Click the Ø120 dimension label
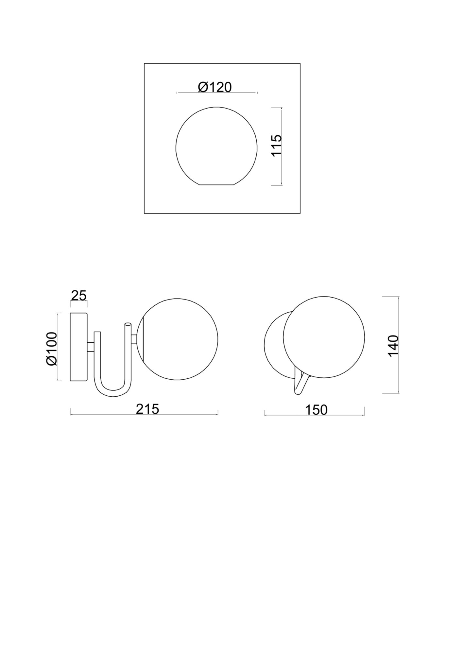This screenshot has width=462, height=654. (215, 87)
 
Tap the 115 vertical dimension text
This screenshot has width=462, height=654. (277, 145)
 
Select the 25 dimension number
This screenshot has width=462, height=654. (78, 296)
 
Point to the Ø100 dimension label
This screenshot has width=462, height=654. (52, 349)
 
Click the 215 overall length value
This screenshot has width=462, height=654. (147, 409)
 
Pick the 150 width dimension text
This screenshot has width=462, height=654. (316, 410)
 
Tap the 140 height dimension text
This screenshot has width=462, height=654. (393, 345)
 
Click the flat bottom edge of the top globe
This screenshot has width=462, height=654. (216, 185)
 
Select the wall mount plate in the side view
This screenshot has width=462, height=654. (79, 347)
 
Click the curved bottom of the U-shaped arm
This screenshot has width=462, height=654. (113, 393)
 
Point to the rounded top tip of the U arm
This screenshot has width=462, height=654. (128, 325)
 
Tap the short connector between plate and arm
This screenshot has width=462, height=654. (91, 347)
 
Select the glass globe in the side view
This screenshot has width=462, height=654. (178, 339)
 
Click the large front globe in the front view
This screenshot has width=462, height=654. (324, 337)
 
